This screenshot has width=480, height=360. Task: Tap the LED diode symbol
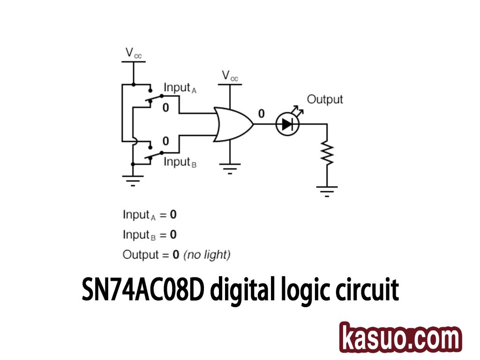[x=287, y=124]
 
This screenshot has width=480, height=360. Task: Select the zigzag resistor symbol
[x=327, y=153]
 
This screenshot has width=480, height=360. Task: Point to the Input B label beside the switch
[x=180, y=162]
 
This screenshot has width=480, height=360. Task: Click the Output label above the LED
[x=325, y=99]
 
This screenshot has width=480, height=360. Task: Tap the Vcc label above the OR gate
[x=230, y=76]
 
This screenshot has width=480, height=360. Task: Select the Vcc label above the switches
[x=133, y=53]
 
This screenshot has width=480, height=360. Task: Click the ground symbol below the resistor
[x=327, y=189]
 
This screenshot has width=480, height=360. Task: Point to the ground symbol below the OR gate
[x=230, y=167]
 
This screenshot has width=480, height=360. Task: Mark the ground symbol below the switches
[x=133, y=180]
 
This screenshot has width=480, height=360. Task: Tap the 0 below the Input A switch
[x=165, y=108]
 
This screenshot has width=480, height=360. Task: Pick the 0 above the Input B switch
[x=165, y=141]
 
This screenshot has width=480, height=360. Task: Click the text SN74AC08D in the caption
[x=143, y=291]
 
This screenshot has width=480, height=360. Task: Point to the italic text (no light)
[x=207, y=255]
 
